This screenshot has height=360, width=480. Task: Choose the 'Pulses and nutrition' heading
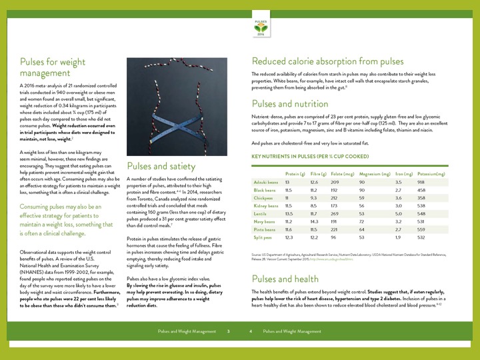(x=290, y=103)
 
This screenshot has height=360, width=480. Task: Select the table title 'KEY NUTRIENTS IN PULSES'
(x=309, y=156)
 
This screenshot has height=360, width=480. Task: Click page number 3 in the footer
(x=229, y=331)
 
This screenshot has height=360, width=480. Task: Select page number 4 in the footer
(x=251, y=331)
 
